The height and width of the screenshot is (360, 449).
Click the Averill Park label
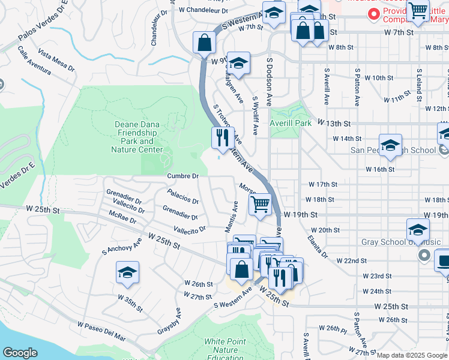point(291,123)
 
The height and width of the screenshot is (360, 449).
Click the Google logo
point(20,353)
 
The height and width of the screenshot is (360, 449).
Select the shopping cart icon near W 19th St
point(260,204)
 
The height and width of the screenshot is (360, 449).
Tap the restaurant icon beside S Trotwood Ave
point(222,137)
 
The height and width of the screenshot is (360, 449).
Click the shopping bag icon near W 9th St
point(204,42)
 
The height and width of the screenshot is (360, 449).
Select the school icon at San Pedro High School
point(390,146)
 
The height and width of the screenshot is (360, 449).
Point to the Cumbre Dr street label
point(182,176)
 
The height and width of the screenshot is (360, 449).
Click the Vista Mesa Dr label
point(56,60)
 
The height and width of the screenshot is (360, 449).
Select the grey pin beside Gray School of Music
point(424,256)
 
